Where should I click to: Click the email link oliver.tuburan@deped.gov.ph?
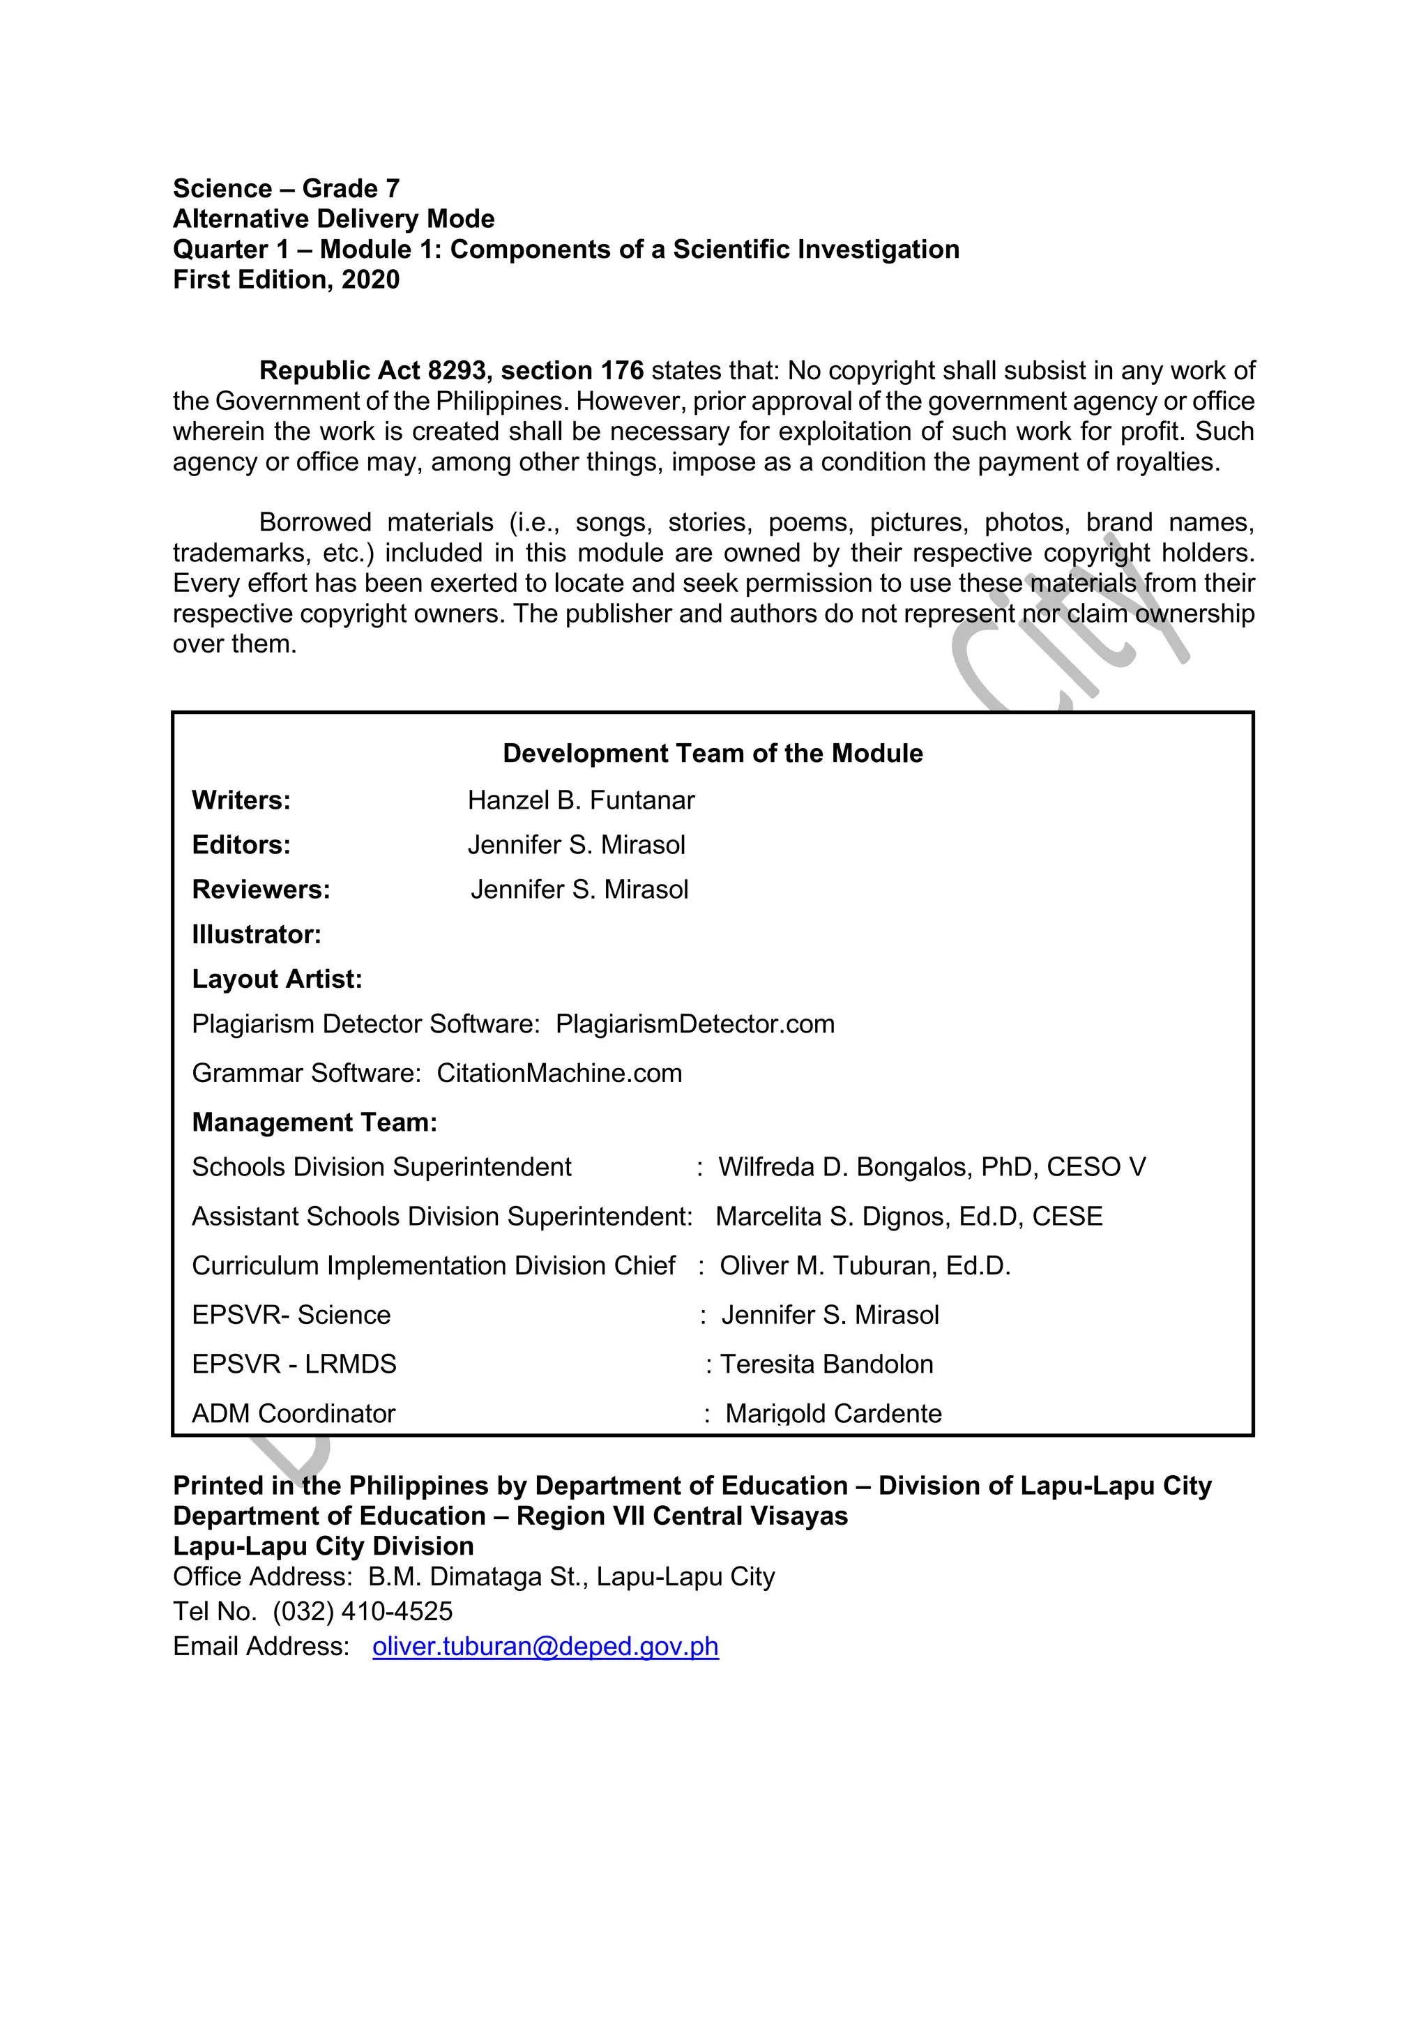[545, 1646]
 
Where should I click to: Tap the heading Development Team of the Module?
[712, 754]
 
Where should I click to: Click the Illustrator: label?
[257, 935]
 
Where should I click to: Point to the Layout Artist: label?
[277, 980]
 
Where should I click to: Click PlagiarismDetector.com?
[694, 1024]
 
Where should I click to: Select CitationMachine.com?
[559, 1074]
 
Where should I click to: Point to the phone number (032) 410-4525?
[363, 1612]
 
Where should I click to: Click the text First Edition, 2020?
[286, 280]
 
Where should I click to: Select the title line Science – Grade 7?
[286, 189]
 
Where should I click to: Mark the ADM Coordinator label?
[294, 1413]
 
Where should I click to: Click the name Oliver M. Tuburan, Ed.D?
[865, 1266]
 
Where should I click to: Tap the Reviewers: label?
[261, 890]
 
